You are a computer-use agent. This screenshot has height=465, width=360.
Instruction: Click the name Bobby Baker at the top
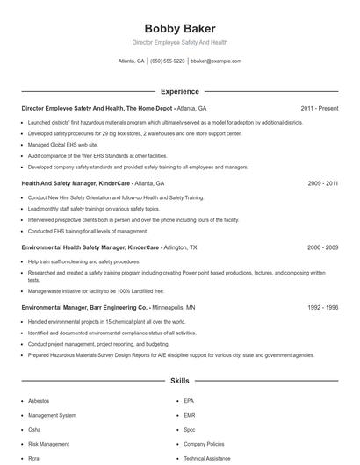click(x=179, y=28)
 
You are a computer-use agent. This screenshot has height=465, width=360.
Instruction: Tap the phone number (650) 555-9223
click(x=168, y=61)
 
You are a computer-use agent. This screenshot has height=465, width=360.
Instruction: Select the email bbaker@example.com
click(x=216, y=61)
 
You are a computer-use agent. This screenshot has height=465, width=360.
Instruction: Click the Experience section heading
click(x=179, y=91)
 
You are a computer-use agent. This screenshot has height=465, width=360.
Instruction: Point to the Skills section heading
click(x=179, y=383)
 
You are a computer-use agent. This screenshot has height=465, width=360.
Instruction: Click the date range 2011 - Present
click(x=319, y=108)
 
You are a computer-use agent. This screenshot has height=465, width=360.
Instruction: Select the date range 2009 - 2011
click(x=322, y=184)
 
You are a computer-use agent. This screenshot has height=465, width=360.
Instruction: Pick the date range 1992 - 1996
click(x=322, y=308)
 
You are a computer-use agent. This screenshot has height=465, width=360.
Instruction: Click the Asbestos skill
click(x=40, y=401)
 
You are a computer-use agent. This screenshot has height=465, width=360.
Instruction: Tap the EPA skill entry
click(x=189, y=401)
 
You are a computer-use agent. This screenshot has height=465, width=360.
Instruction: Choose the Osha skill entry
click(x=35, y=429)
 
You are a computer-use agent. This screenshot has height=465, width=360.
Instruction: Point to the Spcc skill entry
click(x=190, y=429)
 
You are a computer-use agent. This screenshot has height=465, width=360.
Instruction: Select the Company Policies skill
click(x=205, y=444)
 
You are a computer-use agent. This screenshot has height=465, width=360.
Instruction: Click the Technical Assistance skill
click(x=207, y=458)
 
